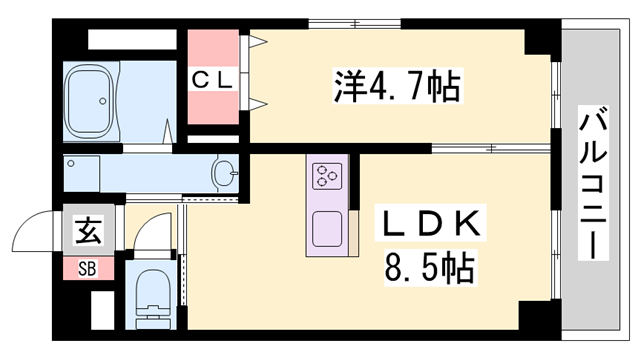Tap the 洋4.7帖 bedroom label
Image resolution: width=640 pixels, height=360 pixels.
pyautogui.click(x=395, y=89)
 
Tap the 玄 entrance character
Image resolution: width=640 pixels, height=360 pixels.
pyautogui.click(x=87, y=233)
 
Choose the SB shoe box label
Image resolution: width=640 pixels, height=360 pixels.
pyautogui.click(x=87, y=269)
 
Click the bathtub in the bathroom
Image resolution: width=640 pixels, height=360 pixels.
pyautogui.click(x=92, y=101)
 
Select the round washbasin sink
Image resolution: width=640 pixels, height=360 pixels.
pyautogui.click(x=226, y=175)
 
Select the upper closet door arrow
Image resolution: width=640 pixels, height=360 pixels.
pyautogui.click(x=258, y=41)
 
